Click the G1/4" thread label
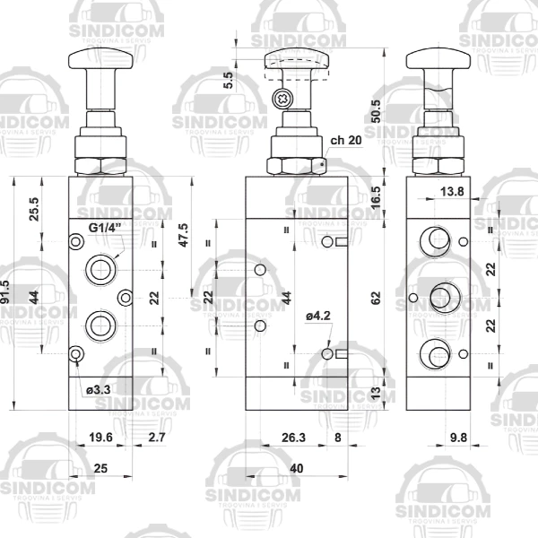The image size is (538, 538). click(x=103, y=227)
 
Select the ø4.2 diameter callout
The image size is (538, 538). click(x=318, y=315)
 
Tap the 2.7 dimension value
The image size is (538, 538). click(x=156, y=438)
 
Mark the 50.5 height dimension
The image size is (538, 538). click(x=377, y=110)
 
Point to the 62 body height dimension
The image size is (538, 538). click(x=377, y=296)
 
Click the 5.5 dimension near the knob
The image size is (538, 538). click(x=230, y=80)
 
